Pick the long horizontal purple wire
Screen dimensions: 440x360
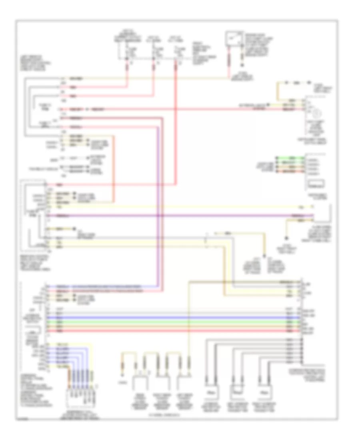(180, 216)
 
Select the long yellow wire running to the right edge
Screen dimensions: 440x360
(180, 207)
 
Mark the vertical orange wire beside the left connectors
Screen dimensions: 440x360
(115, 168)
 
